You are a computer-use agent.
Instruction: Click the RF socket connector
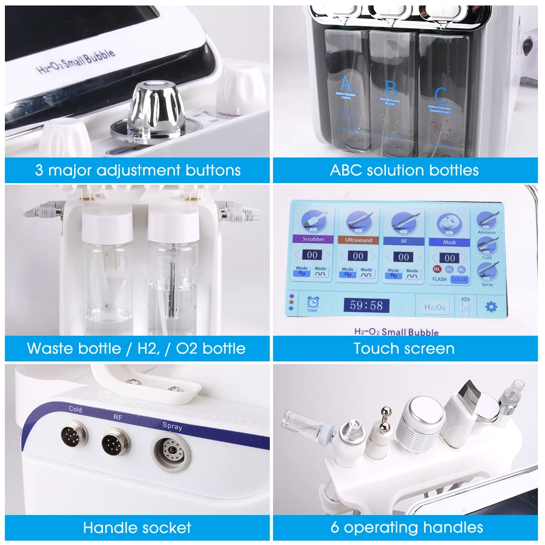[116, 442]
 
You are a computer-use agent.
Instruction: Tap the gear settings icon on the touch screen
[491, 307]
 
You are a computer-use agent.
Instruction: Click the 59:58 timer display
[366, 305]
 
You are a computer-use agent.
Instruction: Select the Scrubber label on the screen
[313, 239]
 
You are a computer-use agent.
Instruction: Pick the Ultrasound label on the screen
[359, 240]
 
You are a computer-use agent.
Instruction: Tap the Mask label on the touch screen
[450, 241]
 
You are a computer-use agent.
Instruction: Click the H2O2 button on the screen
[435, 307]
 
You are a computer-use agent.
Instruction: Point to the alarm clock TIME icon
[312, 303]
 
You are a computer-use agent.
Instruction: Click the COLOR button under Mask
[459, 280]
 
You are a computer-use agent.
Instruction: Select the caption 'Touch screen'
[404, 348]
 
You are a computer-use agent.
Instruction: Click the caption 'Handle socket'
[137, 528]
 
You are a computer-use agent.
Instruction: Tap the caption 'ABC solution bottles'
[404, 170]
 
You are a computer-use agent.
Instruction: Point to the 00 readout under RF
[403, 256]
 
